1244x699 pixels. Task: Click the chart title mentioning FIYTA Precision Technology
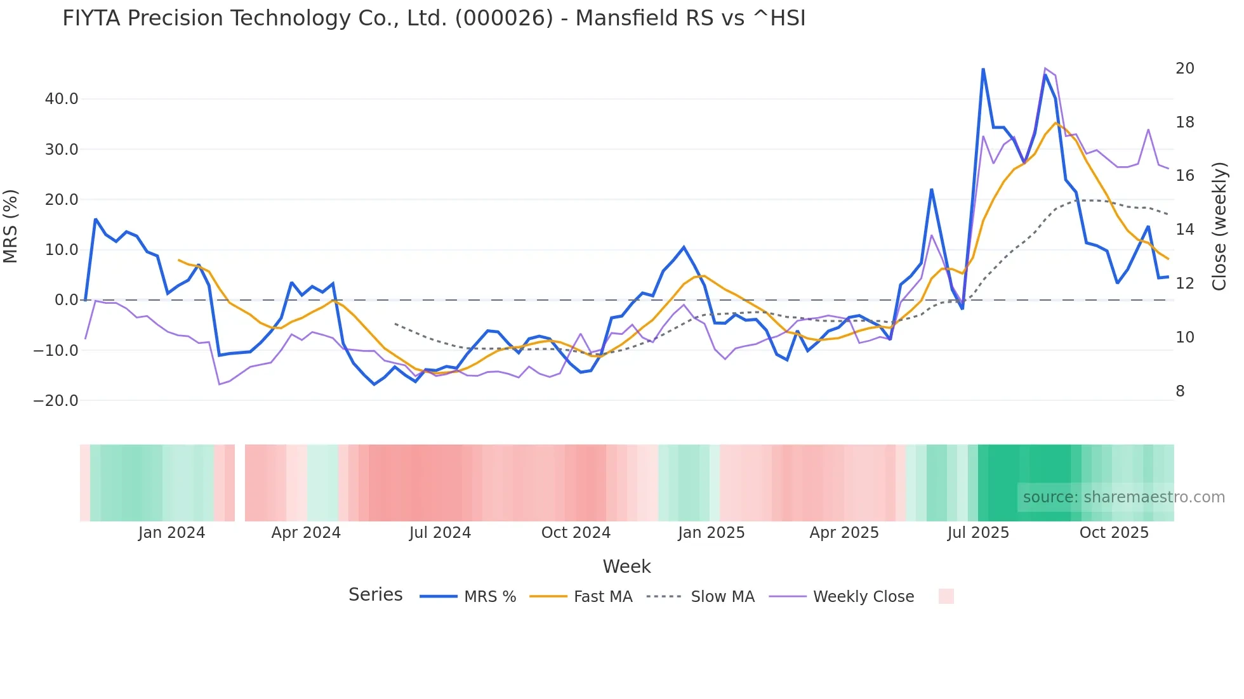click(434, 18)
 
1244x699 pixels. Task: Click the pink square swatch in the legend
click(946, 596)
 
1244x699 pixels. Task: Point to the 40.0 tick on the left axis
click(62, 99)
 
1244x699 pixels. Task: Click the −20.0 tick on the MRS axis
click(56, 401)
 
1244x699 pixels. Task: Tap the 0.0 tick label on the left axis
click(66, 300)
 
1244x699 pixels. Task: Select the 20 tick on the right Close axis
click(1184, 69)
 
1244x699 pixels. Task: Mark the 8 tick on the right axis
click(1180, 391)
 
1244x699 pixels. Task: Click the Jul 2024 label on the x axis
click(440, 533)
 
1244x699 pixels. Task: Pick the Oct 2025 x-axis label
click(1114, 533)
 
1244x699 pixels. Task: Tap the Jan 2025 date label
click(711, 533)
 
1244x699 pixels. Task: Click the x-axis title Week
click(626, 566)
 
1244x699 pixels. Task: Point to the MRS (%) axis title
click(11, 226)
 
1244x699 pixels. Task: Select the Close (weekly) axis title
click(1219, 226)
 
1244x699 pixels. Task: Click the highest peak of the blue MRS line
click(983, 69)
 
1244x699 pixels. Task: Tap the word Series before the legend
click(375, 595)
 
